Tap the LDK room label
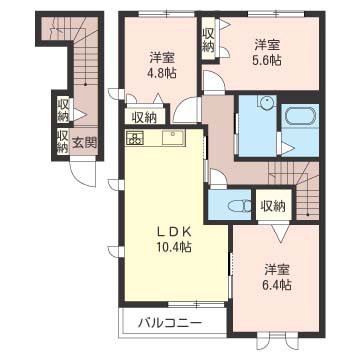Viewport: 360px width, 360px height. pos(174,231)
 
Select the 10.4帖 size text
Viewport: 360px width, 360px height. pos(174,247)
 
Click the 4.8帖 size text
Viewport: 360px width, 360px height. pos(163,72)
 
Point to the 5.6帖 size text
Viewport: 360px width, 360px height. pos(268,60)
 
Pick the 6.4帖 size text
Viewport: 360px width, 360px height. pos(277,285)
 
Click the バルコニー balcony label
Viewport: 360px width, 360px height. pos(170,323)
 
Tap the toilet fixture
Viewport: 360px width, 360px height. pos(240,206)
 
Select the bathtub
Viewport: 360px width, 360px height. pos(300,115)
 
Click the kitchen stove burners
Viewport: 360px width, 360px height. pos(135,137)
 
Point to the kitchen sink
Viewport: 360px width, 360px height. pos(173,137)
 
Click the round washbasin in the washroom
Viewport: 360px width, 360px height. pos(267,101)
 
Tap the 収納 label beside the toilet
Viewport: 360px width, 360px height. pos(273,206)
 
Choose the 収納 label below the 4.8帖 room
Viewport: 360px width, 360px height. pos(144,117)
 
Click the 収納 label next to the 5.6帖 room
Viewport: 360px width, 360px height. pos(208,41)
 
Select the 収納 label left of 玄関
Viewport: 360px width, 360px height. pos(63,142)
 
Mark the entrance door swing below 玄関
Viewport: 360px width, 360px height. pos(83,173)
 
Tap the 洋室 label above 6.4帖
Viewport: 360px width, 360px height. pos(277,270)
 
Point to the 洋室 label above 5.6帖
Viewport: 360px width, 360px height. pos(268,44)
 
